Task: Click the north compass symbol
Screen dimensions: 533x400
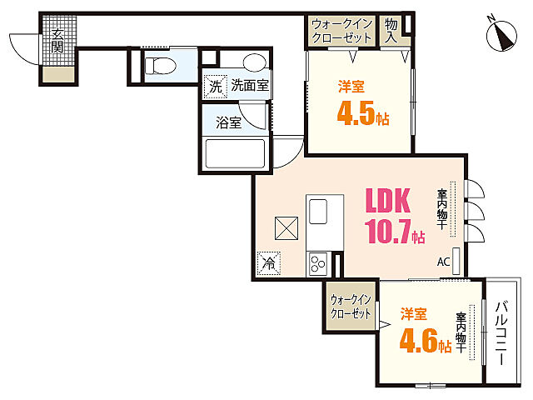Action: [501, 35]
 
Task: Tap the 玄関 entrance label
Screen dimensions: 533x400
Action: [57, 41]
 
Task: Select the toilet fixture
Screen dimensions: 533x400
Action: [160, 66]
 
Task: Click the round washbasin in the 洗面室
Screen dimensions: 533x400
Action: [254, 62]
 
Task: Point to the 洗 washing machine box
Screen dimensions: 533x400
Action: [215, 87]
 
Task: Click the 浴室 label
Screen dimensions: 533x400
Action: [228, 122]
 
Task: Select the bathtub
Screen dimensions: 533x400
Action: [235, 153]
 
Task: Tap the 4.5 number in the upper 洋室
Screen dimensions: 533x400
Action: [356, 112]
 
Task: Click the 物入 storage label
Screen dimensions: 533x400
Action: [391, 31]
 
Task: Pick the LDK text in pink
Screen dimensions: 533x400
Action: [387, 200]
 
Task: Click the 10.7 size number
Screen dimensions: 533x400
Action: [387, 231]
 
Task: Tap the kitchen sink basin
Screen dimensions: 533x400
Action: [318, 212]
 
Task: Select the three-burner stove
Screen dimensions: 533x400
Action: [318, 264]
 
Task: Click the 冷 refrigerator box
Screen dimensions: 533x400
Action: [268, 263]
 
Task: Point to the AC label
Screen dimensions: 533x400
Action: [443, 262]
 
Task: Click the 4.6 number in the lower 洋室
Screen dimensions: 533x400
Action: [418, 341]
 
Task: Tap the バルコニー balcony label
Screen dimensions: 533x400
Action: [501, 333]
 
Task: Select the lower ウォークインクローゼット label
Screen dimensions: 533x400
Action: [350, 307]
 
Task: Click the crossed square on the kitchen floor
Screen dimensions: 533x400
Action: [286, 228]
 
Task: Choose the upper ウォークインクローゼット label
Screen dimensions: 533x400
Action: [341, 31]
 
